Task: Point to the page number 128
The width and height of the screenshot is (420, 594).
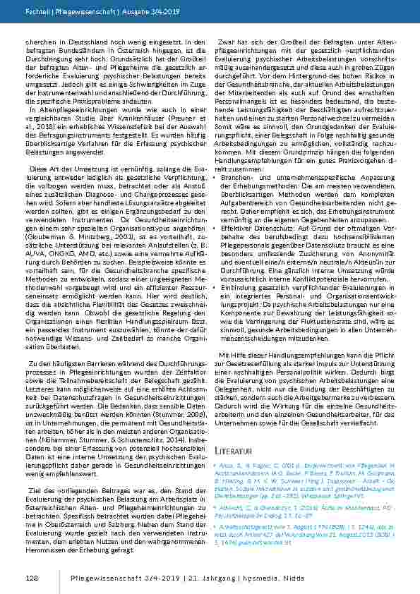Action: [x=31, y=578]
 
